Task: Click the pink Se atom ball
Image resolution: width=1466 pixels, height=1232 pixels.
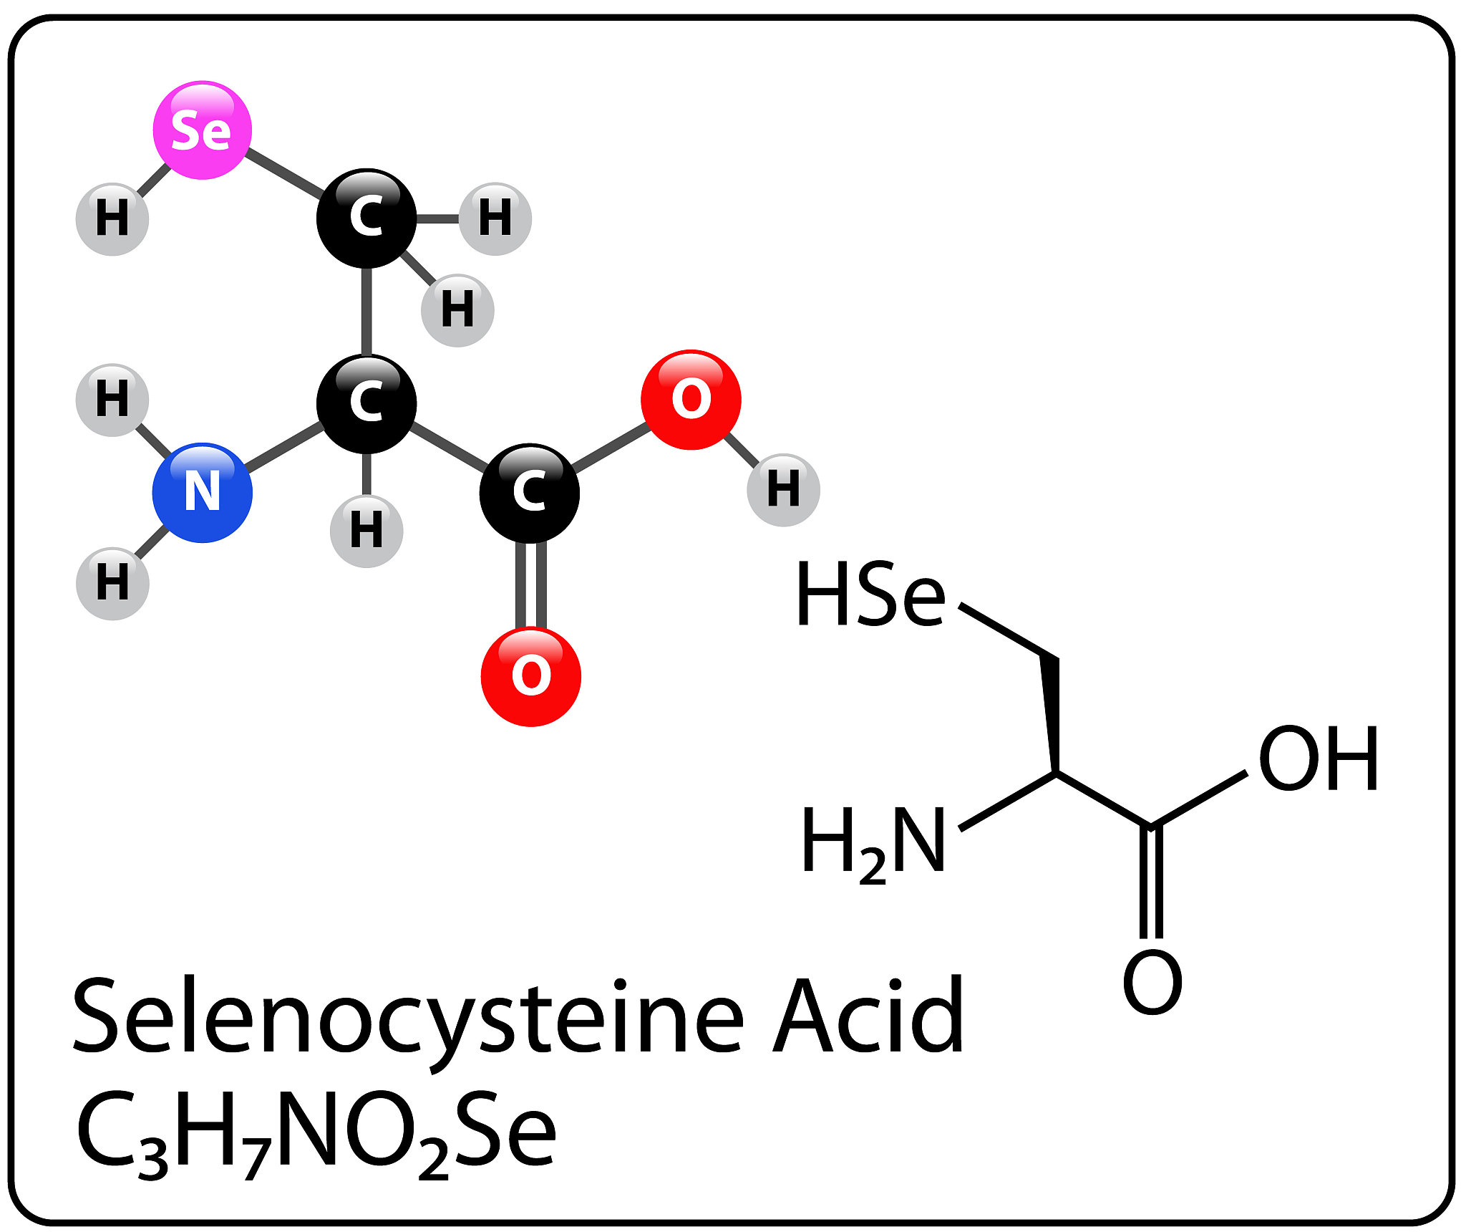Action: [x=203, y=130]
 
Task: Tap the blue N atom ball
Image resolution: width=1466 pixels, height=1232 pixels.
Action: [x=203, y=493]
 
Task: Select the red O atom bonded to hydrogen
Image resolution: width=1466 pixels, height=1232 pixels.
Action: [x=691, y=400]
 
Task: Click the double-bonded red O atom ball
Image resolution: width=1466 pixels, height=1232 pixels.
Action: [x=530, y=676]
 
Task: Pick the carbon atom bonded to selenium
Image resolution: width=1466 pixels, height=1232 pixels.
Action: [x=366, y=218]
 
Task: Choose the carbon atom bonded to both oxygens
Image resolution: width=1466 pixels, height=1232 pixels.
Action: [x=529, y=493]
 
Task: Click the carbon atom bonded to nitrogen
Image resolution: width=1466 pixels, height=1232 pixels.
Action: [x=366, y=403]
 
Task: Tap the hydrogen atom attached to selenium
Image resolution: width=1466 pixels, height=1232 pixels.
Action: [x=112, y=218]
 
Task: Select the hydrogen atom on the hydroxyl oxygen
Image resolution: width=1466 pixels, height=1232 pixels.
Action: [x=783, y=490]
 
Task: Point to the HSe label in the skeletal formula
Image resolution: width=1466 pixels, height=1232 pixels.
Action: [x=870, y=595]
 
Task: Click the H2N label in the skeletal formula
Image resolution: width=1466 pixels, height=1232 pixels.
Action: [x=873, y=841]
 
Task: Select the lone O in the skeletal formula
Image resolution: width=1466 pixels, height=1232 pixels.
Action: [x=1152, y=983]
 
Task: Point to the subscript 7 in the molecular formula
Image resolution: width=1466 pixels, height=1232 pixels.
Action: [x=256, y=1159]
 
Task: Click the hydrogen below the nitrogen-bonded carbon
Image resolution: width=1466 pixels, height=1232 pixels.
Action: [x=366, y=531]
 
